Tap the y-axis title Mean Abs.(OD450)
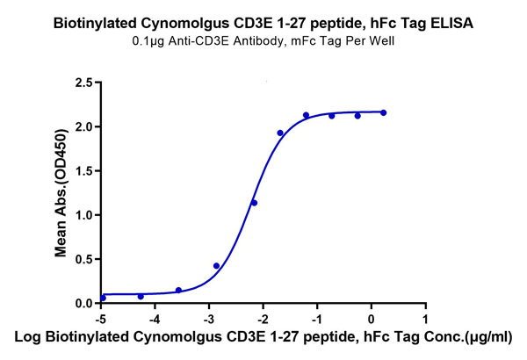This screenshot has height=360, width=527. click(x=61, y=192)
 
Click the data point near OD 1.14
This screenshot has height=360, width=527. click(x=254, y=203)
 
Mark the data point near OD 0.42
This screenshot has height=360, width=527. click(x=216, y=266)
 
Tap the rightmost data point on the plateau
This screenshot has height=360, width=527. click(x=384, y=112)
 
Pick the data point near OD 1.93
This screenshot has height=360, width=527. click(x=280, y=133)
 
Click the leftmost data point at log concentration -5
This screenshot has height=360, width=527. click(x=103, y=298)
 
